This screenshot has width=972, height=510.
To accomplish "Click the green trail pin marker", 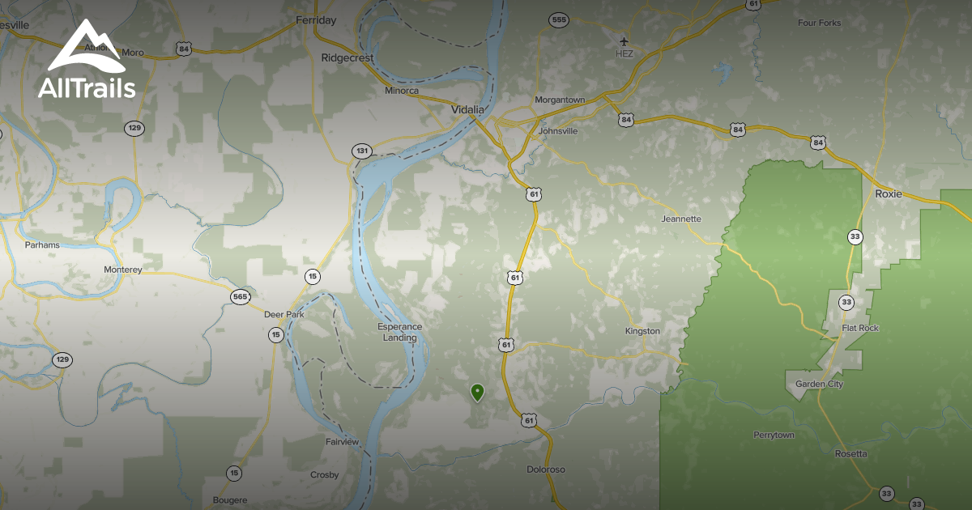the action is pos(478,393).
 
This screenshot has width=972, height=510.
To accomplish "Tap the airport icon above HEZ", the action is pos(624,40).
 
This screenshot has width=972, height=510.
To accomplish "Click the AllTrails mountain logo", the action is pos(86,49).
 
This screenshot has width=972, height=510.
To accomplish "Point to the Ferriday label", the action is pos(316,20).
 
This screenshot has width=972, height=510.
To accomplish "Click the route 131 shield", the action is pos(361,151).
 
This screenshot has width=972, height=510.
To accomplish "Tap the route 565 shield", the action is pos(240,297).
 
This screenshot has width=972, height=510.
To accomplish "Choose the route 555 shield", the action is pos(558,19).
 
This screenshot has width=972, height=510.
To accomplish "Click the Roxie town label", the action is pos(889,194).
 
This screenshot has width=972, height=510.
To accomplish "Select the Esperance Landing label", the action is pos(400,332).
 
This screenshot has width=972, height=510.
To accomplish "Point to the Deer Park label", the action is pos(283,314).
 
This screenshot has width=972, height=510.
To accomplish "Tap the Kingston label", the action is pos(642,331).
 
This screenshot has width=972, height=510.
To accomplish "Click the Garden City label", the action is pos(819,385).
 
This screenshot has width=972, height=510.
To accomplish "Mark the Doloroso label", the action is pos(546,470).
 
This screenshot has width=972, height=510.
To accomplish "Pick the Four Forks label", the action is pos(819,23).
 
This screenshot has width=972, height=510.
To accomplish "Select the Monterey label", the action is pos(123,270).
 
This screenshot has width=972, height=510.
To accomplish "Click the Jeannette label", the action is pos(681,219).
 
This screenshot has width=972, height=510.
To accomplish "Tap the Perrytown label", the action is pos(774,435).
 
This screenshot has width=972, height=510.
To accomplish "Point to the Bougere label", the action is pos(229,500).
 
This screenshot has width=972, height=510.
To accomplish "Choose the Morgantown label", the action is pos(560,100).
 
